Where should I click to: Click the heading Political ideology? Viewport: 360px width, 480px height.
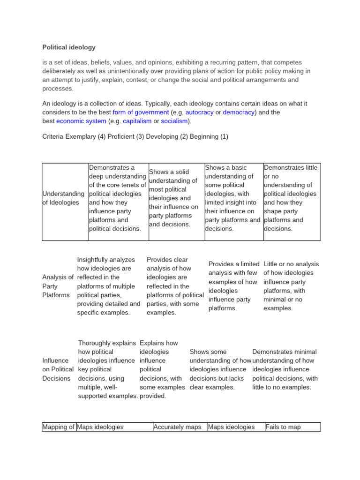[x=69, y=47]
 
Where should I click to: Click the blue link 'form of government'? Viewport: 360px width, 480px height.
[x=141, y=112]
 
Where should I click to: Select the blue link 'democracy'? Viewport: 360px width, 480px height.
[x=239, y=112]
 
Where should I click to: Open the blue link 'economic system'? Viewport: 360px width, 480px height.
[x=81, y=121]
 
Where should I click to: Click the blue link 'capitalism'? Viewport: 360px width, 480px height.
[x=137, y=121]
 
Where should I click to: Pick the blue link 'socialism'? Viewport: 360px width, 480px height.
[x=174, y=121]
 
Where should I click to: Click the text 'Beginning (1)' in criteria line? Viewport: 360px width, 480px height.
[x=209, y=136]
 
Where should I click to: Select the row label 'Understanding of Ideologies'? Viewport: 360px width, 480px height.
[x=63, y=198]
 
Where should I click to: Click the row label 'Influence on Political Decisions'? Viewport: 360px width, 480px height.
[x=58, y=369]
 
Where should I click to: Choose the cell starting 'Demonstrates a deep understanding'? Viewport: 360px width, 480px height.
[x=117, y=198]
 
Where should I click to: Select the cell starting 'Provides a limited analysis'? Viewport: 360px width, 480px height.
[x=233, y=286]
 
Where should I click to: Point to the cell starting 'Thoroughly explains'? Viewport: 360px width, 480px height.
[x=108, y=369]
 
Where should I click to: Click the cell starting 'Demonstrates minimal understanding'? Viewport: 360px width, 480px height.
[x=285, y=369]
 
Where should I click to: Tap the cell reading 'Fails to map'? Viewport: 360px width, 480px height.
[x=283, y=427]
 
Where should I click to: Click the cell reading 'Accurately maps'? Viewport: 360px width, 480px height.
[x=177, y=427]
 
